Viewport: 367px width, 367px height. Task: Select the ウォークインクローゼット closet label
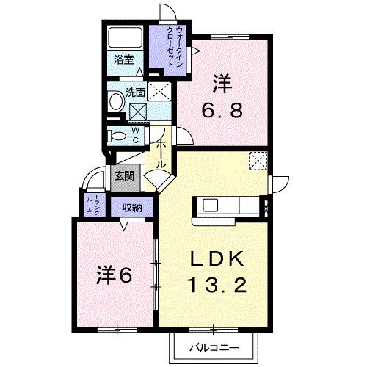pyautogui.click(x=176, y=46)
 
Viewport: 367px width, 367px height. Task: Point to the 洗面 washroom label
pyautogui.click(x=134, y=93)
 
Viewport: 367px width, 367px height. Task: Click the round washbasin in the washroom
pyautogui.click(x=117, y=99)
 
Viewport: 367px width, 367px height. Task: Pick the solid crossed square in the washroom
pyautogui.click(x=137, y=112)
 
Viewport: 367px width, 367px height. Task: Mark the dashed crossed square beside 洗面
pyautogui.click(x=159, y=91)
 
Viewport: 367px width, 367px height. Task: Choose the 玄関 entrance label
pyautogui.click(x=123, y=176)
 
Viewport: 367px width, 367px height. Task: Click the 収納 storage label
pyautogui.click(x=132, y=206)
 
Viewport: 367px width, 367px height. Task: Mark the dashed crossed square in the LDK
pyautogui.click(x=258, y=160)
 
